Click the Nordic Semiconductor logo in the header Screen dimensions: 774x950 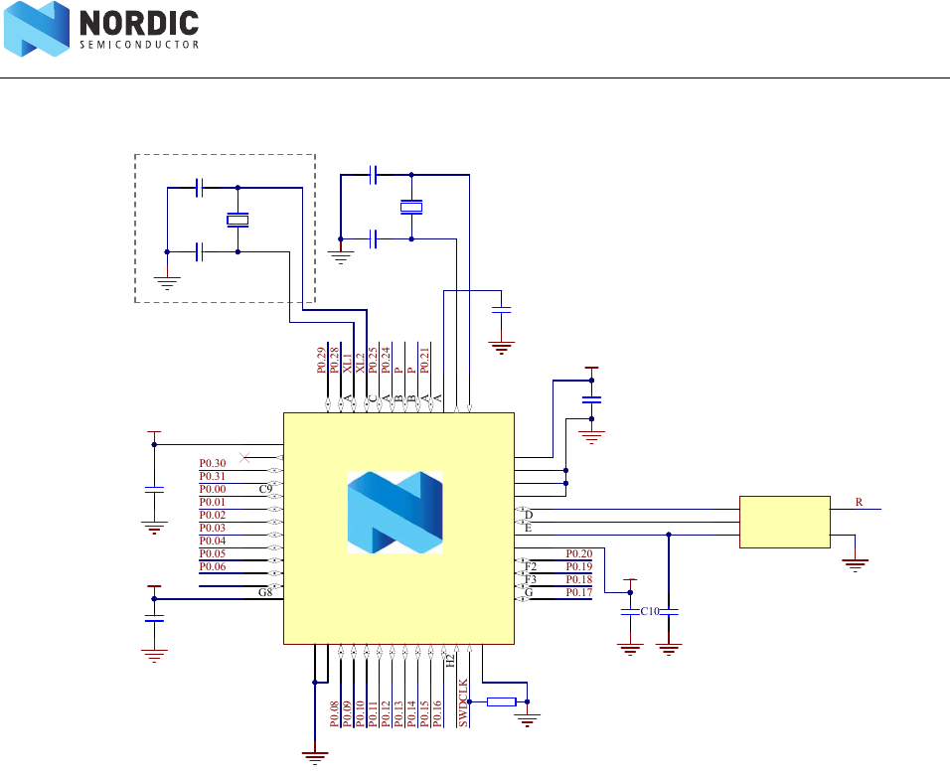[x=103, y=30]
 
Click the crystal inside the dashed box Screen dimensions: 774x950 [x=237, y=220]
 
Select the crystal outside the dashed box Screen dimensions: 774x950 [x=411, y=207]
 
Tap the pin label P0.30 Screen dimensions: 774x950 [x=213, y=463]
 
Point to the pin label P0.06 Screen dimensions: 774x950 [x=213, y=566]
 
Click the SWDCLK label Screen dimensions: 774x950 [x=463, y=703]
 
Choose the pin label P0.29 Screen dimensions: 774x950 [x=322, y=361]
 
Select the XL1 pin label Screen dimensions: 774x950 [x=348, y=361]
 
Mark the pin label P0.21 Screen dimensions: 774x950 [x=425, y=361]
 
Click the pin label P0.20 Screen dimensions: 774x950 [x=579, y=553]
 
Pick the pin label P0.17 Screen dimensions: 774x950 [x=579, y=592]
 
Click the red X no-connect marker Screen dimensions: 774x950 [x=245, y=456]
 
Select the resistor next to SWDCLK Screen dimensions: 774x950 [x=502, y=702]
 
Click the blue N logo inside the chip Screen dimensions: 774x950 [x=395, y=513]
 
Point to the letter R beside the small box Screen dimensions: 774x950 [x=859, y=503]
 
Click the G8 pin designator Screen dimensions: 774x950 [x=265, y=592]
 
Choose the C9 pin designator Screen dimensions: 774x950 [x=265, y=489]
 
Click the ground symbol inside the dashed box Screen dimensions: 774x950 [x=167, y=281]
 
